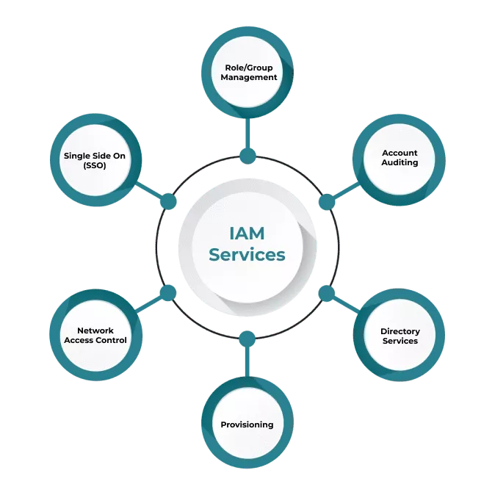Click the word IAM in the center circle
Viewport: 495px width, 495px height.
coord(247,235)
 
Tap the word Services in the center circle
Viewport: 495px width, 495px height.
coord(247,255)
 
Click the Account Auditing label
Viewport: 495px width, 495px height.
coord(400,158)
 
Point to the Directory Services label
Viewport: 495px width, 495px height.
coord(400,336)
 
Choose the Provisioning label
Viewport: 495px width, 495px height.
coord(247,424)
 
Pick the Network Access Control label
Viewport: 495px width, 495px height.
coord(95,336)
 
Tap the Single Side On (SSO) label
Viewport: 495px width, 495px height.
coord(95,160)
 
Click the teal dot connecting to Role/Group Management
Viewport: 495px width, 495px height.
coord(248,156)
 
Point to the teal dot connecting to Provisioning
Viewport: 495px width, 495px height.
coord(247,339)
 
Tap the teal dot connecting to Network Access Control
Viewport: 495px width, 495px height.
coord(168,293)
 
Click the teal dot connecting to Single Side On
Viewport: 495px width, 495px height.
coord(168,201)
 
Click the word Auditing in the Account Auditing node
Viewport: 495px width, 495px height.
coord(400,163)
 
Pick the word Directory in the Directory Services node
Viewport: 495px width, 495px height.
coord(400,331)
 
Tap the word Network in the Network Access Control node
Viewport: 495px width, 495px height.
coord(95,330)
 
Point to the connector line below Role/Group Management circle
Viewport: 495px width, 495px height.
coord(248,132)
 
